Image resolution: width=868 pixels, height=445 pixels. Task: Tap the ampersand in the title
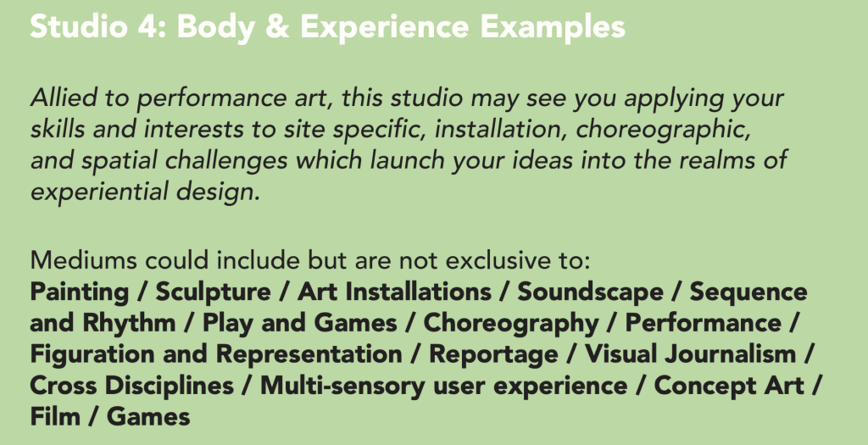pyautogui.click(x=277, y=26)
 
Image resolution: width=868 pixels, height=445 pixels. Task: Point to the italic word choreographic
pyautogui.click(x=663, y=130)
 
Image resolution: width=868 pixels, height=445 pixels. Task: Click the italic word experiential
pyautogui.click(x=100, y=192)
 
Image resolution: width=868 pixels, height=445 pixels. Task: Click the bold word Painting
pyautogui.click(x=80, y=292)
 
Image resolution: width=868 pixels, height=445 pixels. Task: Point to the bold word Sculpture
pyautogui.click(x=213, y=292)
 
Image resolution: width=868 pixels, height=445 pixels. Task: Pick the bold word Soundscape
pyautogui.click(x=590, y=292)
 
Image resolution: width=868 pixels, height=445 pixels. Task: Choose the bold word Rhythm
pyautogui.click(x=129, y=324)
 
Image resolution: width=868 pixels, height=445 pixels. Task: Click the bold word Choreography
pyautogui.click(x=511, y=324)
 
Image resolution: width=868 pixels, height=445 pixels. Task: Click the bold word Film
pyautogui.click(x=55, y=416)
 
